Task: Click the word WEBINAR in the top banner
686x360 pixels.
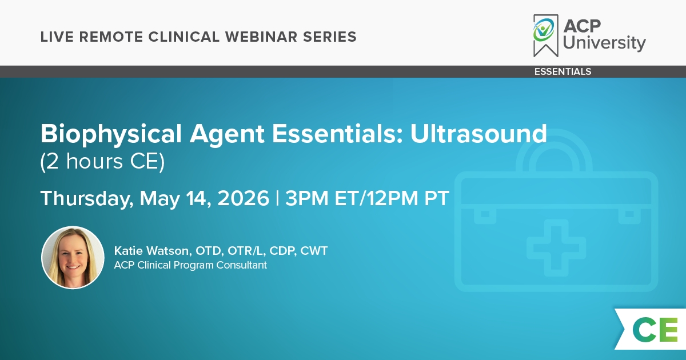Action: [261, 37]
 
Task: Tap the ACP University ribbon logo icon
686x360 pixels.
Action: [546, 35]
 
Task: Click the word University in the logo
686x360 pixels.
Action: [604, 42]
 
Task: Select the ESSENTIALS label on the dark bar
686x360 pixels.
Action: [563, 71]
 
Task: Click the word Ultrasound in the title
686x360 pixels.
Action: [478, 134]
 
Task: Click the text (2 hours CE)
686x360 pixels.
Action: [102, 162]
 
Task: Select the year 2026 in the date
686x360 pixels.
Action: [243, 198]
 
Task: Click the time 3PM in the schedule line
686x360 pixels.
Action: [307, 198]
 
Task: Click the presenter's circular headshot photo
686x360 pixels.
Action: [73, 258]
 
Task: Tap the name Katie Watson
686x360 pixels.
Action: [151, 251]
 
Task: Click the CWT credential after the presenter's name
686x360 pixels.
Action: [314, 251]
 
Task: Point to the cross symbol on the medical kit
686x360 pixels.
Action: [556, 248]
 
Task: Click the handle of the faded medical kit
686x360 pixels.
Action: [554, 150]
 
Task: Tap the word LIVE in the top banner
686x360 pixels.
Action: [57, 37]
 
